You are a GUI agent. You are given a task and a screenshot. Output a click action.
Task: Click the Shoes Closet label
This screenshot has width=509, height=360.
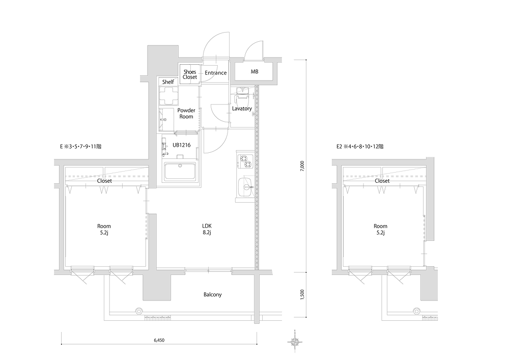coord(189,74)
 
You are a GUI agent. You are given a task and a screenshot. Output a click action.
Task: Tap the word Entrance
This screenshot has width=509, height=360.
coord(215,73)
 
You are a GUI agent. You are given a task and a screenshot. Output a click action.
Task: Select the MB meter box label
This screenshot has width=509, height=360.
coord(254,71)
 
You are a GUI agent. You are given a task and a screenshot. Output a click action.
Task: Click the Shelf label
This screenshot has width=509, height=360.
coord(168,82)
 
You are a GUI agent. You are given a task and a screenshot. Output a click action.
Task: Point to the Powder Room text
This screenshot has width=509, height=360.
coord(186,113)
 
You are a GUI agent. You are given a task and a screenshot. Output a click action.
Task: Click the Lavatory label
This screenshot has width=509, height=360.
coord(242,108)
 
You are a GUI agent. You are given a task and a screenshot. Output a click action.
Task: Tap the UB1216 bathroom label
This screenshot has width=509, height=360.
coord(182,145)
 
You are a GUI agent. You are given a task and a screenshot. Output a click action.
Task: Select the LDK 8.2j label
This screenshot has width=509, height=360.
coord(207,229)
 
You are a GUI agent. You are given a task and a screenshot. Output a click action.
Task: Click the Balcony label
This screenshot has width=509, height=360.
coord(213,295)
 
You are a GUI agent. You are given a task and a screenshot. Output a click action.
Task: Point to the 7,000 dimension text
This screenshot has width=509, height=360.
coord(302,166)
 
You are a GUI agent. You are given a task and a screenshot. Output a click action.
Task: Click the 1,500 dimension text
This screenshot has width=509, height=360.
coord(302,294)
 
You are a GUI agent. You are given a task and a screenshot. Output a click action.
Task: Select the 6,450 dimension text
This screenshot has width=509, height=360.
coord(159,340)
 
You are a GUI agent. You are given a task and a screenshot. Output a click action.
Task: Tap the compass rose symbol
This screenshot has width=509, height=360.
coord(295,341)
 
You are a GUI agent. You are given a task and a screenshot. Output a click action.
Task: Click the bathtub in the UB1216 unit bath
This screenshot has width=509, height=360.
coord(180,172)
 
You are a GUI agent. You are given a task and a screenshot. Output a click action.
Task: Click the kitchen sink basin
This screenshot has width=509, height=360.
coord(245,187)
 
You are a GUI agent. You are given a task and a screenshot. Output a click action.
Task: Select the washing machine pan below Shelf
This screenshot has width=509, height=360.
coord(168,96)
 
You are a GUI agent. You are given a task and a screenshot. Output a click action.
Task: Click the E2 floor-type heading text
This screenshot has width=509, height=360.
coord(360,147)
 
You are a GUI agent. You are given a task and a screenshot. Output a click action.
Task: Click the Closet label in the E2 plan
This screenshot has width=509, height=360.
coord(382,181)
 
